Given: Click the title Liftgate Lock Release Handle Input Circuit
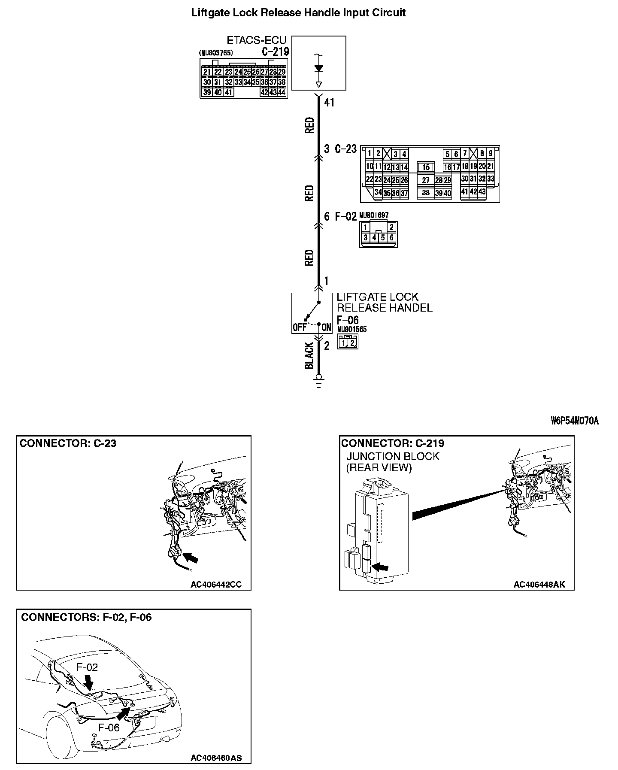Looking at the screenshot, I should pos(298,12).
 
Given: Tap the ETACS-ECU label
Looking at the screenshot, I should pos(256,40).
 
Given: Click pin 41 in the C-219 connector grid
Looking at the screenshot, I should pos(228,92).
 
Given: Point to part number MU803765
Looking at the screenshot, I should pos(216,53).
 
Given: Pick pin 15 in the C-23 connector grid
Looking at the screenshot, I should pos(426,167).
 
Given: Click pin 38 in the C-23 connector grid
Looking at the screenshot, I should pos(426,193).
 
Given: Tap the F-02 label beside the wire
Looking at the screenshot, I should pos(345,217).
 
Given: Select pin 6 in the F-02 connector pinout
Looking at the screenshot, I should pos(391,237).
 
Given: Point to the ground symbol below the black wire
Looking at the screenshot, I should pos(318,381).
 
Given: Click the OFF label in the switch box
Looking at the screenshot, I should pos(299,328).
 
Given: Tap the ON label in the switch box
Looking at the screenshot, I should pos(326,328).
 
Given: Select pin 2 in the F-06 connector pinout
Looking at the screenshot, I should pos(352,343).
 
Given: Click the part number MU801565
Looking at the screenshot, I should pos(352,330).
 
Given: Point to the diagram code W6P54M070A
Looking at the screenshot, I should pos(574,421).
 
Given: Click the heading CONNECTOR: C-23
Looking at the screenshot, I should pos(68,443).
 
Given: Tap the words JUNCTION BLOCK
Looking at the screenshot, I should pos(393,456).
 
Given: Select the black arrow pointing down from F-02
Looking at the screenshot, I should pos(89,681).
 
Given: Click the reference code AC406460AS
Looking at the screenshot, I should pos(216,758).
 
